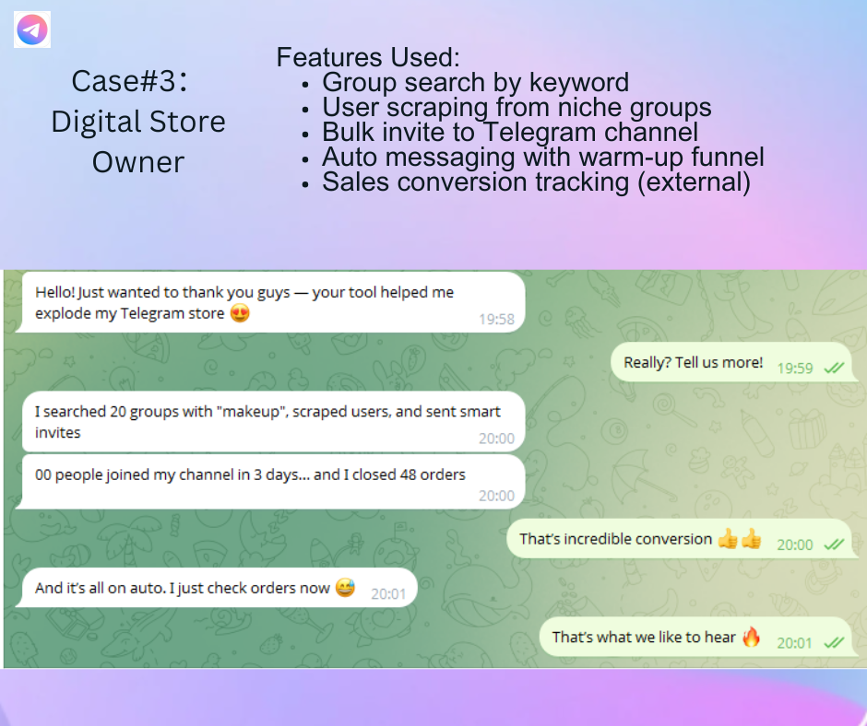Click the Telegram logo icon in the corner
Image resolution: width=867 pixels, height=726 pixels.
[x=32, y=29]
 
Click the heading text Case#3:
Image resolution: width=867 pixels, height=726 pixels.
[x=130, y=81]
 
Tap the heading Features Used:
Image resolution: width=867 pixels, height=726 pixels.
[x=368, y=57]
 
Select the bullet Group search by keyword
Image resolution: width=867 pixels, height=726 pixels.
[x=476, y=82]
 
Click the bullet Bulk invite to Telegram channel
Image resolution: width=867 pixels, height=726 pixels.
[x=510, y=132]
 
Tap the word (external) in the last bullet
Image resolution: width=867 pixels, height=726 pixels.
[x=694, y=181]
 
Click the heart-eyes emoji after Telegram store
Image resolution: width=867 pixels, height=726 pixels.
[x=240, y=313]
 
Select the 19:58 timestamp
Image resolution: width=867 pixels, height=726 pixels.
[x=496, y=320]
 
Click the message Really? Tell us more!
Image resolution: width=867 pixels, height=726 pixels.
[x=694, y=362]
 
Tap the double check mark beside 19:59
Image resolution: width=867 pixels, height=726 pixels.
[x=834, y=368]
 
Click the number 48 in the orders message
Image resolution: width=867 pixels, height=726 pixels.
[x=408, y=474]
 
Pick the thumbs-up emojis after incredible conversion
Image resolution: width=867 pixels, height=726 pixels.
[x=740, y=538]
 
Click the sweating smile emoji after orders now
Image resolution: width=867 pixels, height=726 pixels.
[x=345, y=587]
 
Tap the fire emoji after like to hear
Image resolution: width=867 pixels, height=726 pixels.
[x=751, y=637]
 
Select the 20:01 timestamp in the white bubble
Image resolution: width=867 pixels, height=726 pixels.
[x=388, y=594]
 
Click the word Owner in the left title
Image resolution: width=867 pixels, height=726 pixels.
[x=138, y=162]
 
